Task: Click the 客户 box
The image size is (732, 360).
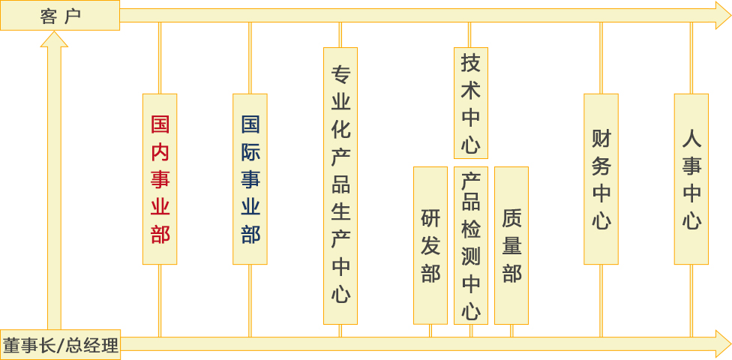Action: pos(60,15)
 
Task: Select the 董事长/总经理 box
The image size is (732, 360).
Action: pos(60,345)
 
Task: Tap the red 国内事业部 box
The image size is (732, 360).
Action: pos(160,178)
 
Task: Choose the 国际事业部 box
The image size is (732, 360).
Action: pos(250,178)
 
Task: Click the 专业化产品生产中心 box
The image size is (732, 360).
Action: pos(340,185)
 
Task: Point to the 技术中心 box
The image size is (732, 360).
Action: pos(470,103)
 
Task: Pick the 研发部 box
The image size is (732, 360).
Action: pos(430,245)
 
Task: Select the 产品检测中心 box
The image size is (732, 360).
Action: pos(471,245)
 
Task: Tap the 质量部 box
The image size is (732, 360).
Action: pos(511,245)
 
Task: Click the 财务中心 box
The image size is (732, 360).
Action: pos(601,178)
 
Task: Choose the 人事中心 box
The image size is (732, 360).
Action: pos(691,178)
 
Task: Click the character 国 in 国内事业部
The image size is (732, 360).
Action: pos(160,124)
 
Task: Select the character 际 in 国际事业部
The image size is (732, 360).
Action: pos(250,151)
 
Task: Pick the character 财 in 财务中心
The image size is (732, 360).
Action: pos(601,139)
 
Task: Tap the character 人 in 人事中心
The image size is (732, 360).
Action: pos(691,139)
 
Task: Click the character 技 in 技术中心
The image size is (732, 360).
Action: pos(470,63)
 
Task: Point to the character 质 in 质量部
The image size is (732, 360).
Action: pos(511,218)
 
